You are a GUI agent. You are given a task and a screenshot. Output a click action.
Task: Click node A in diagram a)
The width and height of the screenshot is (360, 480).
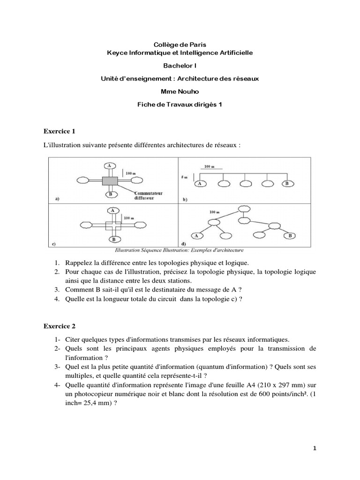(x=109, y=166)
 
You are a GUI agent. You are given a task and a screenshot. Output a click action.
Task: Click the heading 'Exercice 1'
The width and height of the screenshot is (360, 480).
(x=59, y=130)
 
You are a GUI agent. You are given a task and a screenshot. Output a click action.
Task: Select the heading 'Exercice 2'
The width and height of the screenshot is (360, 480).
(x=59, y=325)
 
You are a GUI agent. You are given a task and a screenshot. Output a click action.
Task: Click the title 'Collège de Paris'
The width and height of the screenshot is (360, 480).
(x=180, y=44)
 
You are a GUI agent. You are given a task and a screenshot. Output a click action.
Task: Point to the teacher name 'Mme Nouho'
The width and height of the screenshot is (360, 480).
(x=180, y=91)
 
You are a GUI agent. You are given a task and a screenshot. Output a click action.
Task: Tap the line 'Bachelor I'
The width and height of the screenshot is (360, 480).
(x=180, y=66)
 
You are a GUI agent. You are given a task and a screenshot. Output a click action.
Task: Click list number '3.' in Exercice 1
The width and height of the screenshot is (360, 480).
(x=57, y=290)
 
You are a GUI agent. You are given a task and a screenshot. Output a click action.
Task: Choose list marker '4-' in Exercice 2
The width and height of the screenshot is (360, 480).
(x=56, y=385)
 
